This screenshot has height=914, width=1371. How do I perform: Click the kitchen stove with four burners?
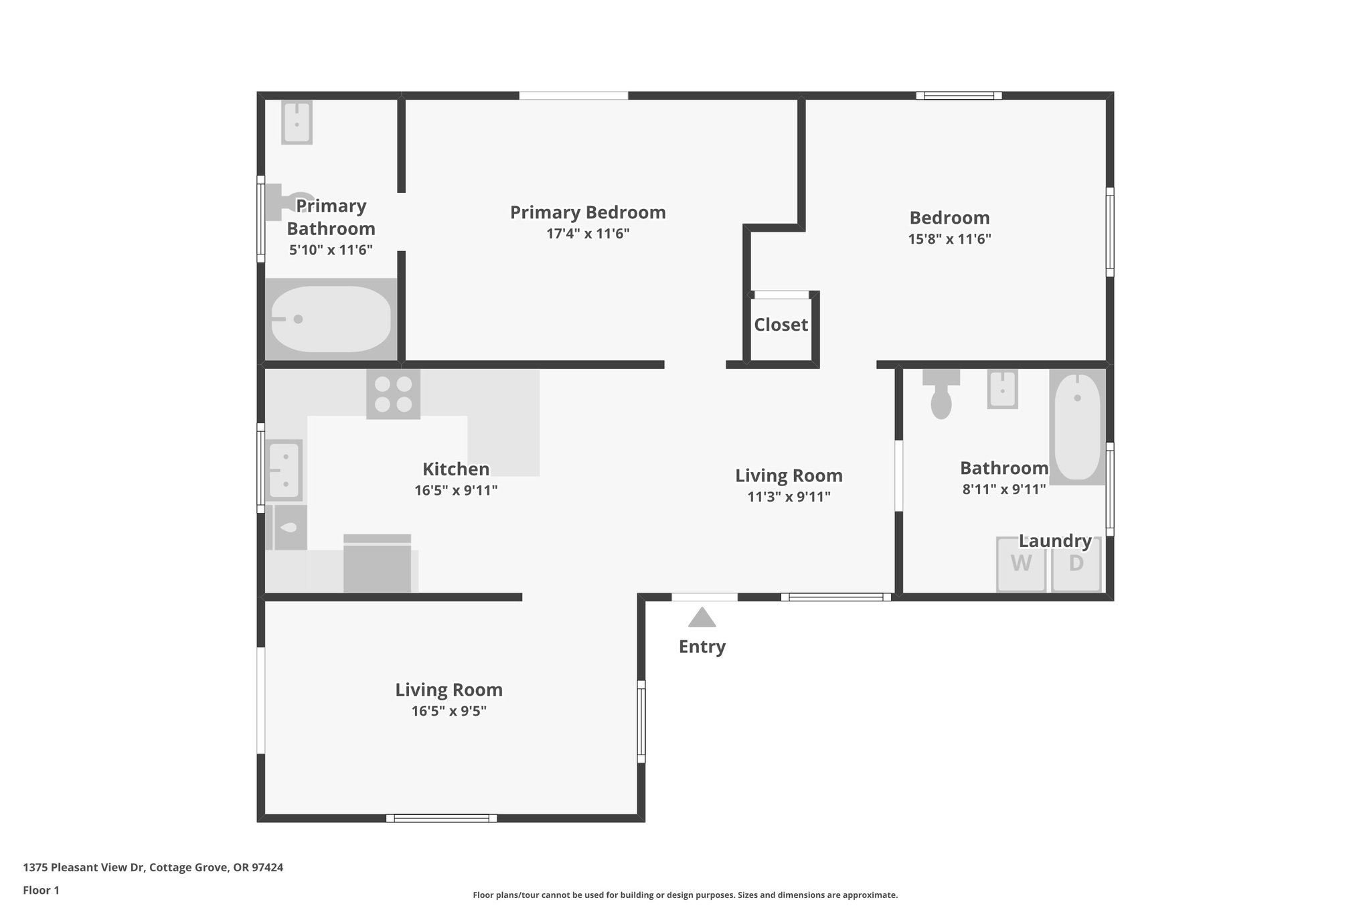393,394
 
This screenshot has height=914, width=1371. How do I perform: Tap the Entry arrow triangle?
702,617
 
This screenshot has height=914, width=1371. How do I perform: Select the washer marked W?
1021,564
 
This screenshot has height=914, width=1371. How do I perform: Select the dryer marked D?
1076,564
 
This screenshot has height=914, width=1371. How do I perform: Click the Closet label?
781,325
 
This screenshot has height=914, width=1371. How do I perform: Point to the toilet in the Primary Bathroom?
285,202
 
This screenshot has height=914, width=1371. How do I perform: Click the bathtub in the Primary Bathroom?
330,319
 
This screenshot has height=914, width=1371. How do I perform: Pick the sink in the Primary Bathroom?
297,122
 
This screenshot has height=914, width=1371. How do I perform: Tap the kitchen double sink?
285,470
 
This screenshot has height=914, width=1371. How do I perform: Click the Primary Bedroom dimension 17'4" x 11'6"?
588,234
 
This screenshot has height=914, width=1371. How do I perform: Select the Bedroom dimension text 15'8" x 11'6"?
949,239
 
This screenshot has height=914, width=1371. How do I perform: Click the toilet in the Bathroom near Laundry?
941,395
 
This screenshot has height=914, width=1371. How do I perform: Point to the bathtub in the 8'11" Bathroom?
1076,427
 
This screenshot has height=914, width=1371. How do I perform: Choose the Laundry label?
1055,540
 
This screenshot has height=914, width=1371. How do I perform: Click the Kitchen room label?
455,469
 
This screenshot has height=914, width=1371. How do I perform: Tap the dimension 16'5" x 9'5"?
449,711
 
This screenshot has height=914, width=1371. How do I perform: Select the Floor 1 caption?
41,890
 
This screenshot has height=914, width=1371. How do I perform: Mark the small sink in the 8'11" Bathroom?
1002,388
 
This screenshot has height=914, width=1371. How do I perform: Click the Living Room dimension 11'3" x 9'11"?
789,497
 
